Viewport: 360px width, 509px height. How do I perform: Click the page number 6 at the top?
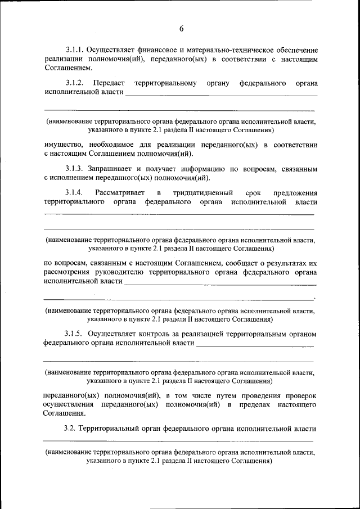pos(181,29)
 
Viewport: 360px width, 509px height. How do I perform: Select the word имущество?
pos(62,145)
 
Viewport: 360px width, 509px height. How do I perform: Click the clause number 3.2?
pos(70,429)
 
